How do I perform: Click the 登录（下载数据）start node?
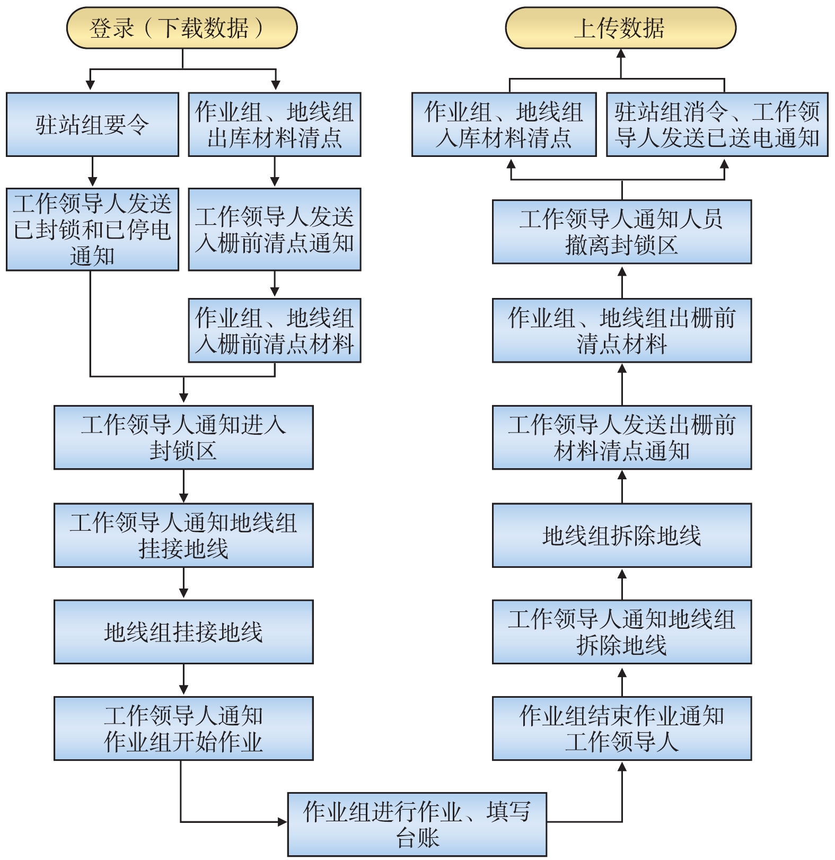[x=181, y=28]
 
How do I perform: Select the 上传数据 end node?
[x=620, y=28]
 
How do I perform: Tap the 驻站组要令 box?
[x=92, y=125]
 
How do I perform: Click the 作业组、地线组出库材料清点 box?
[x=275, y=125]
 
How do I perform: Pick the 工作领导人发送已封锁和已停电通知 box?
[x=92, y=230]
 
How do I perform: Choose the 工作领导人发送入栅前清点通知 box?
[x=275, y=230]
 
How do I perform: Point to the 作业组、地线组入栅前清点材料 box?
[x=275, y=330]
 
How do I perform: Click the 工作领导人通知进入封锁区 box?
[x=183, y=437]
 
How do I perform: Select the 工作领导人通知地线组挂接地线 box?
[x=183, y=535]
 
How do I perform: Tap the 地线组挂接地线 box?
[x=183, y=632]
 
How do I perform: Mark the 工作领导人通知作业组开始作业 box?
[x=183, y=729]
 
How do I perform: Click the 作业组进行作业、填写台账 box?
[x=417, y=824]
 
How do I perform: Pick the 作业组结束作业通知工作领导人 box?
[x=622, y=729]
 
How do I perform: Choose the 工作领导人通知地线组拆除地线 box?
[x=622, y=632]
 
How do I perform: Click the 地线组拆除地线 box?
[x=622, y=535]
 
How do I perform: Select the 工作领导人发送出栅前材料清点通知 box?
[x=622, y=437]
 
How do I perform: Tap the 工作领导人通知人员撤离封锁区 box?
[x=622, y=232]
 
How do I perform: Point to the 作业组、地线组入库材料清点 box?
[x=504, y=125]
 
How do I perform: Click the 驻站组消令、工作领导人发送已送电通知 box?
[x=717, y=125]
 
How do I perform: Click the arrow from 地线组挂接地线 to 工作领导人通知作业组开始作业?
[x=183, y=680]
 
